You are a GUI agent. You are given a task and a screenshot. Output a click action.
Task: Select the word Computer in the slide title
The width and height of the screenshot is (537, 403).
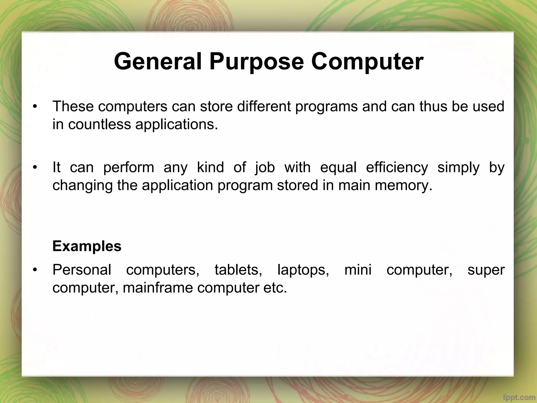point(367,62)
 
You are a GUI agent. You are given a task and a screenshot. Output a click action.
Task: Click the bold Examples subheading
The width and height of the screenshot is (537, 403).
point(87,246)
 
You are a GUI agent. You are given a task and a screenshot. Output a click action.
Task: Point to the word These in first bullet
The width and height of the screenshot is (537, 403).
point(73,106)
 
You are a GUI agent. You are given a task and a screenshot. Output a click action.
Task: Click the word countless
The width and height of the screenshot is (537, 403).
point(99,124)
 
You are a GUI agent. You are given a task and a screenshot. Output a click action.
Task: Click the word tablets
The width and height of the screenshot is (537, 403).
point(238,270)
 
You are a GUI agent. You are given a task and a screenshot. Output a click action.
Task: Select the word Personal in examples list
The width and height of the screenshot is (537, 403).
point(82,270)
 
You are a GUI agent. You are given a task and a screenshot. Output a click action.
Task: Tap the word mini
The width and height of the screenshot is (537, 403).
point(358,270)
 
